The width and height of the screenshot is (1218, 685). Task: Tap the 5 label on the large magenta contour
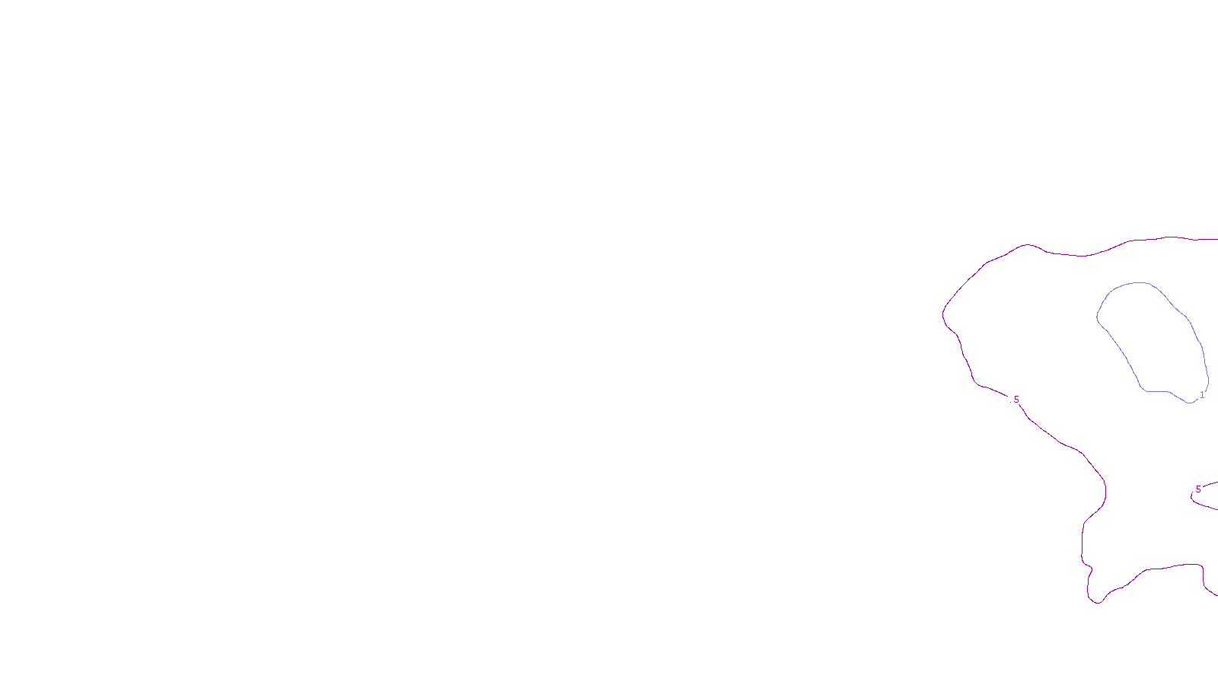coord(1016,400)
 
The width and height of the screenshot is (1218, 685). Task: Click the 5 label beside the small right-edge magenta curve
coord(1198,489)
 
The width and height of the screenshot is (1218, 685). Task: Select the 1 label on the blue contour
coord(1202,395)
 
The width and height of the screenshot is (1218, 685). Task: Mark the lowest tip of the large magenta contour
coord(1098,604)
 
